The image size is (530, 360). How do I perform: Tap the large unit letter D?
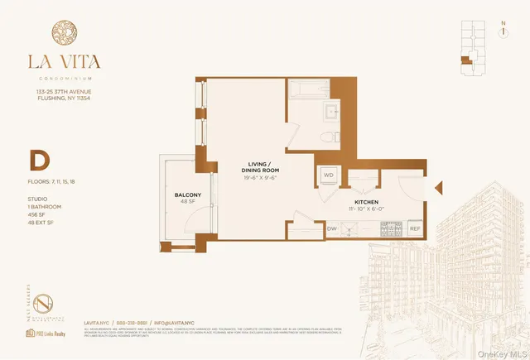point(37,159)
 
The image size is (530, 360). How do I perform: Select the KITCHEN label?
point(367,201)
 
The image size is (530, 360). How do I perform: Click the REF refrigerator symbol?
point(415,228)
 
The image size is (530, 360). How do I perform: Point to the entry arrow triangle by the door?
point(438,189)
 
